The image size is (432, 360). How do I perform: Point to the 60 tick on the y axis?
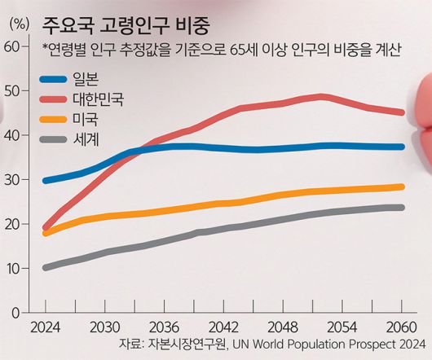point(11,46)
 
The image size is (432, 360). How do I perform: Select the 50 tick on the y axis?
point(11,91)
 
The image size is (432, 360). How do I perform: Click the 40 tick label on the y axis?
point(11,135)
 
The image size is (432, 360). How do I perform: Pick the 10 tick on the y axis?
point(11,268)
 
